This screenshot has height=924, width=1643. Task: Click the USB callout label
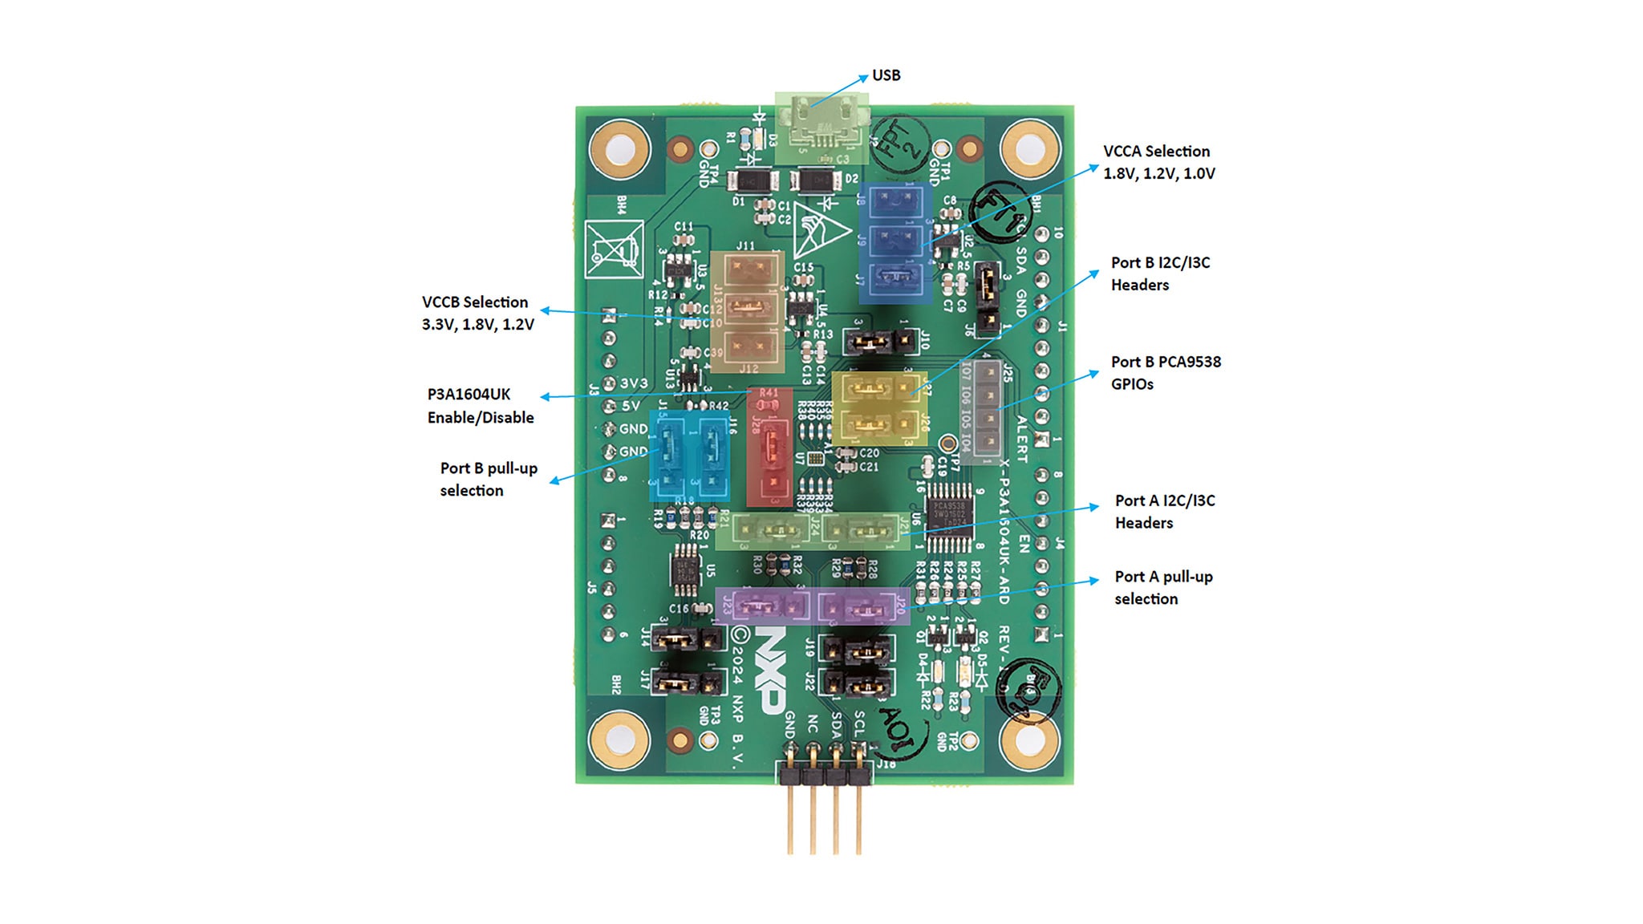(x=886, y=75)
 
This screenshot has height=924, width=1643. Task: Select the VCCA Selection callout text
(x=1158, y=162)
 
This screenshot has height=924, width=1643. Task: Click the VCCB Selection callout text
(x=477, y=313)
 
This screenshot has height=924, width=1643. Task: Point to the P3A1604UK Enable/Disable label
(x=480, y=406)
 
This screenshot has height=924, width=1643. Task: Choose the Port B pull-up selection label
(x=488, y=479)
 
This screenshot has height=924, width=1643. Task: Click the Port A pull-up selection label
(x=1163, y=587)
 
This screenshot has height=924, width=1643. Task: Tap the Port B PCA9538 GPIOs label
(x=1165, y=373)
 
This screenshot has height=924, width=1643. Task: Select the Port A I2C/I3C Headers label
(x=1164, y=512)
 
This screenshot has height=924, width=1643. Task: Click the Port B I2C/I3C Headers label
(x=1160, y=274)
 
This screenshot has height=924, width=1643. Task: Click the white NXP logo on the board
(x=769, y=671)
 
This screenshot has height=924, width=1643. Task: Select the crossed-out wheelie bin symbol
(x=614, y=249)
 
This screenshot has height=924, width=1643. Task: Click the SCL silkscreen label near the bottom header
(x=859, y=723)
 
